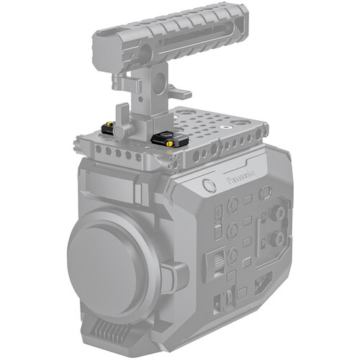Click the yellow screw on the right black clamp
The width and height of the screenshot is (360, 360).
(170, 143)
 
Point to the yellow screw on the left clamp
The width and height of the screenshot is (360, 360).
(112, 134)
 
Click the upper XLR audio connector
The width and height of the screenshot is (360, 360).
(276, 214)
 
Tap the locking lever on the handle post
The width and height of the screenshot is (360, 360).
(179, 94)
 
